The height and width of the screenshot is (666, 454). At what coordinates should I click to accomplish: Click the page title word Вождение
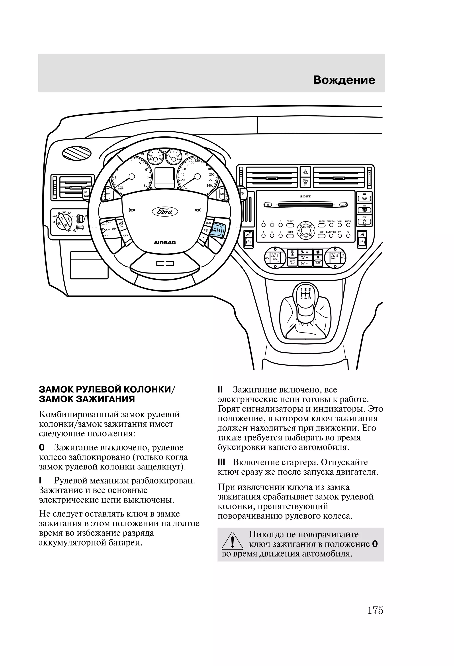(x=344, y=80)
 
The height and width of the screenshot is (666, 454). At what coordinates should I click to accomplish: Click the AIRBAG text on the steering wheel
(x=165, y=242)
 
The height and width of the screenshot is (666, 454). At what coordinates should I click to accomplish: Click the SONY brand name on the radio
(x=305, y=196)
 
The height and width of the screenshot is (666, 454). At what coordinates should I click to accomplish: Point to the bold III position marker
(x=221, y=463)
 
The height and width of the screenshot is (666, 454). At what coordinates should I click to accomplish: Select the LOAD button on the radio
(x=343, y=205)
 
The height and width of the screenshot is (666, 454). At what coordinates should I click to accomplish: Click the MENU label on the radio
(x=290, y=232)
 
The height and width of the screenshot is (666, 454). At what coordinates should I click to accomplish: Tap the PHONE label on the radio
(x=348, y=221)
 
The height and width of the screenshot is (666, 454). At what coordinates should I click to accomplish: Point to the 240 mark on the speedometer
(x=209, y=185)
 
